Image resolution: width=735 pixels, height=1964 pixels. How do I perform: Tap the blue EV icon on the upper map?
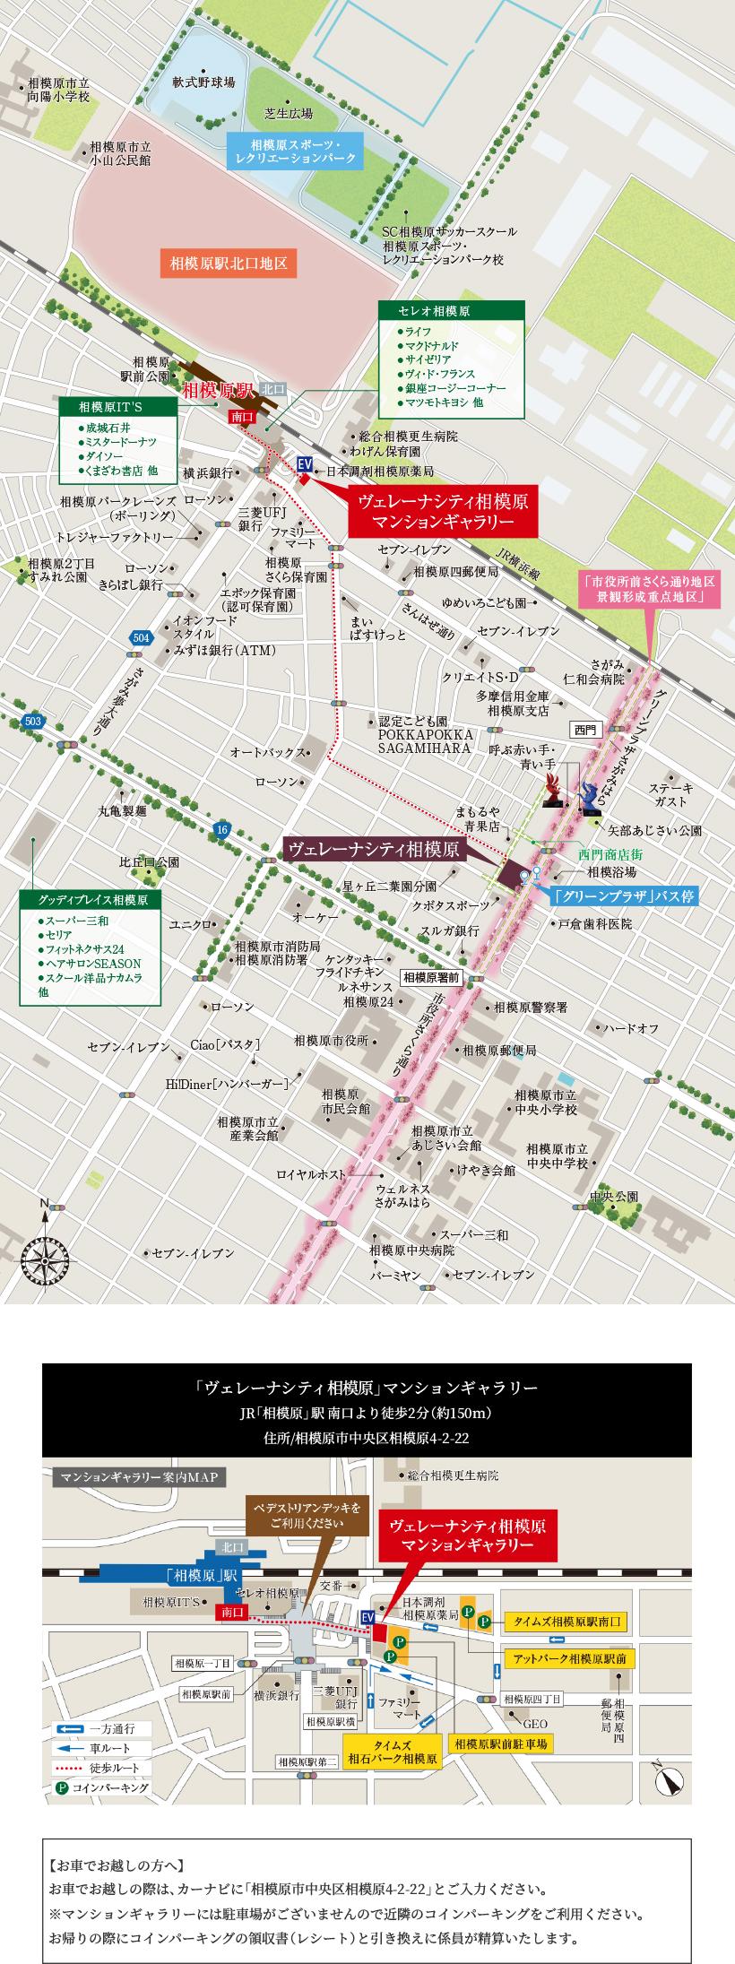305,463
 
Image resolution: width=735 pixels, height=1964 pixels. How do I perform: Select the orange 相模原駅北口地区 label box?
229,264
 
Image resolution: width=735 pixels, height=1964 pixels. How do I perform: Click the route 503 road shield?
34,696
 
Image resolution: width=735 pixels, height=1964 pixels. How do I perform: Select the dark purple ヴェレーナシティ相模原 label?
373,849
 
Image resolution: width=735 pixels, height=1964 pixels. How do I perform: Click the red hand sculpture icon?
555,791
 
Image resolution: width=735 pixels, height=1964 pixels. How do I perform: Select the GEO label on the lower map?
536,1723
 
